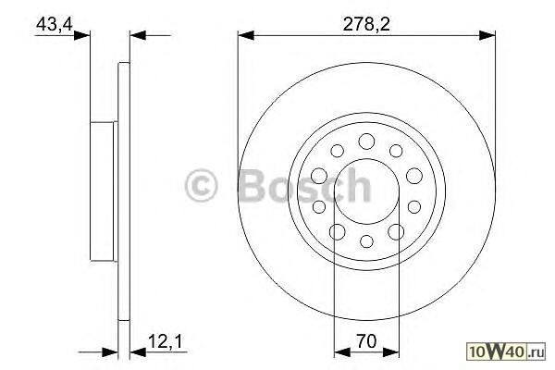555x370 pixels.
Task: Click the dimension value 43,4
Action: (55, 24)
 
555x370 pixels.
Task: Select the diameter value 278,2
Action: (366, 24)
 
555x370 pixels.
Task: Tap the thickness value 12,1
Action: (165, 342)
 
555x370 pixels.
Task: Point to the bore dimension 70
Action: (366, 341)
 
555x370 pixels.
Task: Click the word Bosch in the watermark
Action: (305, 185)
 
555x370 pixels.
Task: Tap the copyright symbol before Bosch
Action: (201, 186)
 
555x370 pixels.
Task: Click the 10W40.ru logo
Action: (507, 351)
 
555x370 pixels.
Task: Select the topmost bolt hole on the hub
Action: (366, 142)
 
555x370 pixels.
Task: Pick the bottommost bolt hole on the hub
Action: (366, 241)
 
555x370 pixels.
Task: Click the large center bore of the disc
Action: (366, 191)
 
